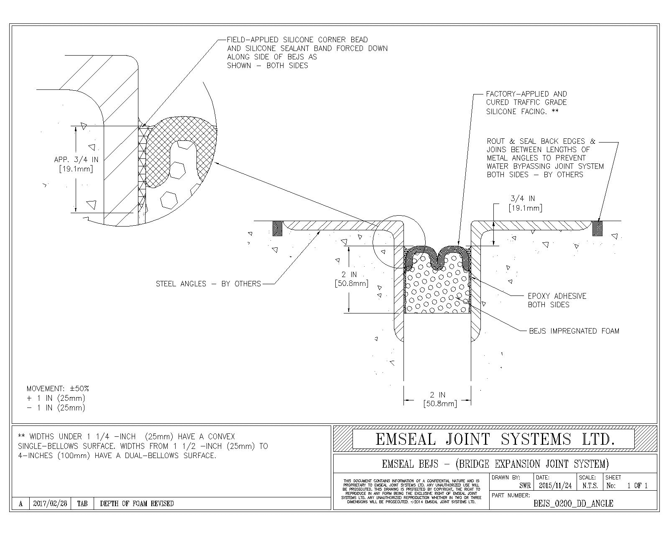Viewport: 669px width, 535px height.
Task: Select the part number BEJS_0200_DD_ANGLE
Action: [x=573, y=503]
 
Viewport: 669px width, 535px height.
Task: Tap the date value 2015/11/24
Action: [x=555, y=486]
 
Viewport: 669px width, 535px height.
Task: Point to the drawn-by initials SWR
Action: [x=525, y=486]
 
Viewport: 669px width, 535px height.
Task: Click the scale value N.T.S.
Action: [x=590, y=486]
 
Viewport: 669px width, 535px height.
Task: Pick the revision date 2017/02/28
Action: [x=50, y=503]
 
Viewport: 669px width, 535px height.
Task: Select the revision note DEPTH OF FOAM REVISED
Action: [x=137, y=503]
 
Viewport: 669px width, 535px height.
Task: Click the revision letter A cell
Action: [x=20, y=503]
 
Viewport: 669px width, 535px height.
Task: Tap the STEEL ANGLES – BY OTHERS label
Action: [x=208, y=284]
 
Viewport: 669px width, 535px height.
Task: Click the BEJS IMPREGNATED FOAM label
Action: [x=574, y=331]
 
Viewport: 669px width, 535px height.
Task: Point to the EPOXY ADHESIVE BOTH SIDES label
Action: [x=557, y=300]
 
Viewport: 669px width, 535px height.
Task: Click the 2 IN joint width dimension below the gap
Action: [x=438, y=399]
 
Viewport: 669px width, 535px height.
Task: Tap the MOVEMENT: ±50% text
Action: [x=58, y=389]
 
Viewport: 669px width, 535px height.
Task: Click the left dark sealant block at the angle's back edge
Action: [x=277, y=228]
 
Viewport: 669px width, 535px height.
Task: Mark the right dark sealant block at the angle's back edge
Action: [x=598, y=228]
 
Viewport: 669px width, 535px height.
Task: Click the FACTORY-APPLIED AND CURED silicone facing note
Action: [x=526, y=103]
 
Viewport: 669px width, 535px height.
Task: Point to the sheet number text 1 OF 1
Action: [x=637, y=486]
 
